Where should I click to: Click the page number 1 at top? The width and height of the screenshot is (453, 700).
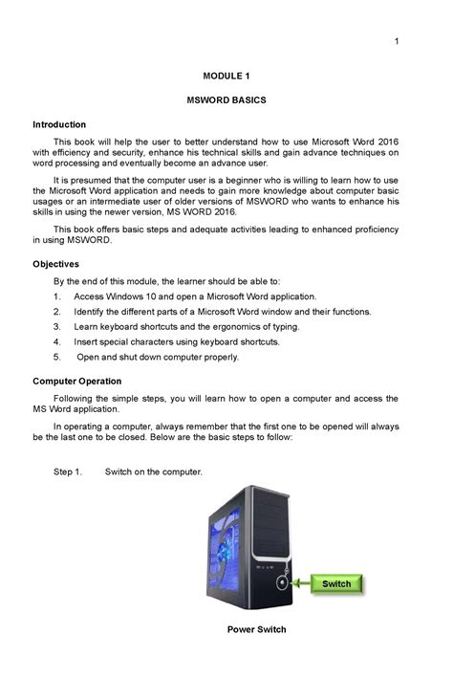pos(395,40)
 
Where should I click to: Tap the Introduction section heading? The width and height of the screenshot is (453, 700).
pos(59,124)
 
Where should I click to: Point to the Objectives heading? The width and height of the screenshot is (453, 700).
pos(55,263)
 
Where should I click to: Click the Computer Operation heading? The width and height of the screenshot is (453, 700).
pos(79,381)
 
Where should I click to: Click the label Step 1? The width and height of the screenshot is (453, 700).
pos(68,472)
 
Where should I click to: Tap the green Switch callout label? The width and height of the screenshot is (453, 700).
pos(335,583)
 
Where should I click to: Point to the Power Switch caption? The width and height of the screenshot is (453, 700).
pos(256,629)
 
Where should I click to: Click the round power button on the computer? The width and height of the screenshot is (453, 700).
pos(283,581)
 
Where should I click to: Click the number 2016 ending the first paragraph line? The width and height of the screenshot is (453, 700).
pos(385,141)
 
